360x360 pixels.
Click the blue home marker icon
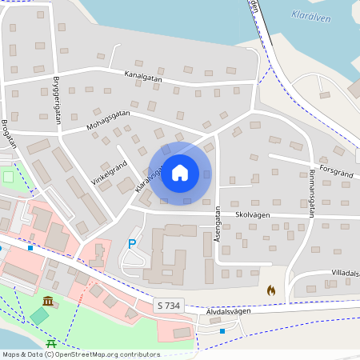[x=180, y=173]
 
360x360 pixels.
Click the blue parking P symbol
[x=132, y=243]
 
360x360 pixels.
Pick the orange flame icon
[x=271, y=291]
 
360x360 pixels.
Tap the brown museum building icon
[x=49, y=302]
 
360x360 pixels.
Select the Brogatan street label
[x=9, y=134]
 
